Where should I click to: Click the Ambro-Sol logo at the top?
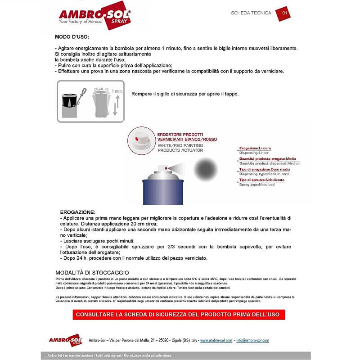pyautogui.click(x=94, y=18)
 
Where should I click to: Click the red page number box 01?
pyautogui.click(x=283, y=13)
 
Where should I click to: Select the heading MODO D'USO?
pyautogui.click(x=72, y=36)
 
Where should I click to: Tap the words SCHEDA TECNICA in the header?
pyautogui.click(x=251, y=13)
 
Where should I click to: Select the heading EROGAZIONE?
pyautogui.click(x=77, y=211)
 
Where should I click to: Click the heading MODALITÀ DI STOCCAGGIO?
pyautogui.click(x=92, y=273)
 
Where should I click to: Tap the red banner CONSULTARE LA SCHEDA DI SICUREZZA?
pyautogui.click(x=179, y=314)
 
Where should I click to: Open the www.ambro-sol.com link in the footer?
pyautogui.click(x=216, y=340)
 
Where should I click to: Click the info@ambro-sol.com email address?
pyautogui.click(x=252, y=340)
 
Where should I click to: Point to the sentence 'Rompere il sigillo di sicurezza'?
pyautogui.click(x=184, y=94)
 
